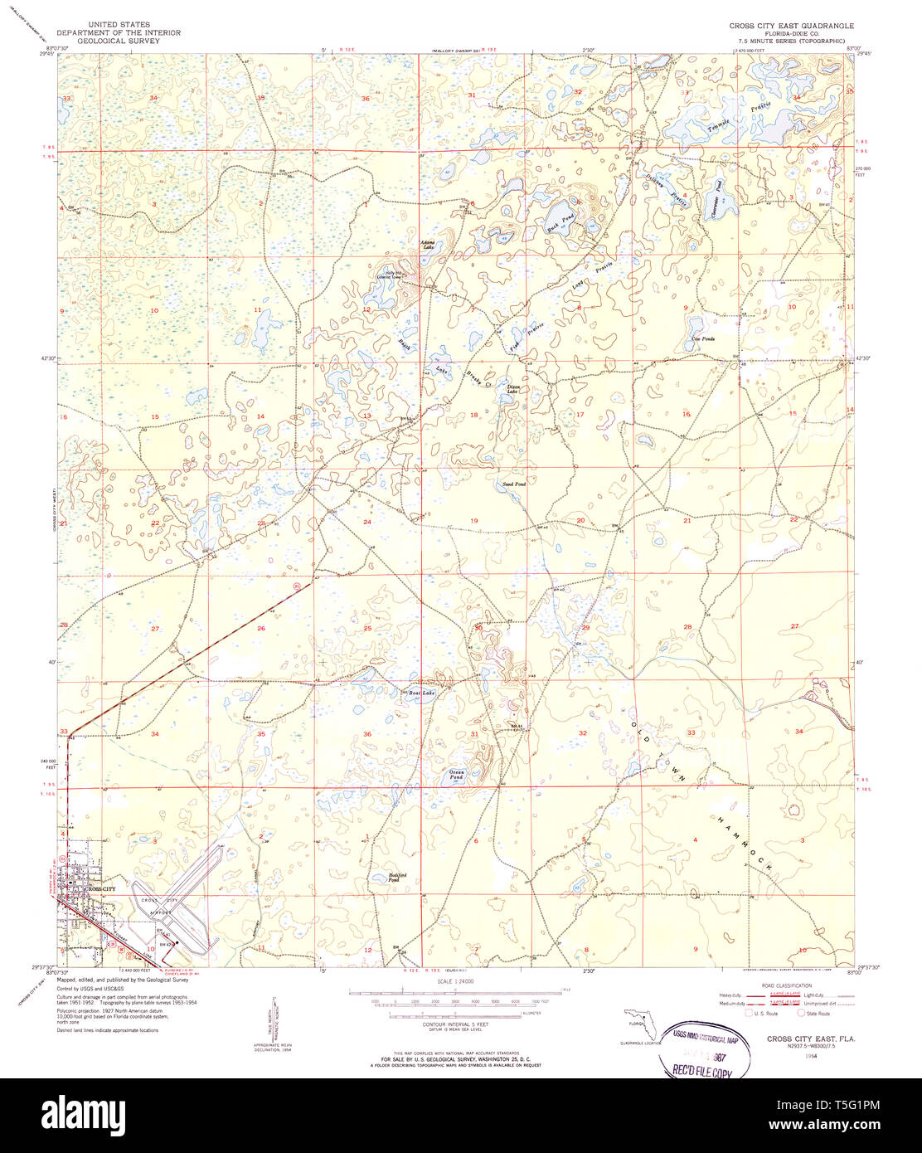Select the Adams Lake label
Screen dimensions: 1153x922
429,245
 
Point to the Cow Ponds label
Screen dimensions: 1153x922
703,338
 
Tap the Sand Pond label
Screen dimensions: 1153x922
514,484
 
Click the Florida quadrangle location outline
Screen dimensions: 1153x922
638,1019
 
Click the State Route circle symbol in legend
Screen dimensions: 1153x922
801,1013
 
